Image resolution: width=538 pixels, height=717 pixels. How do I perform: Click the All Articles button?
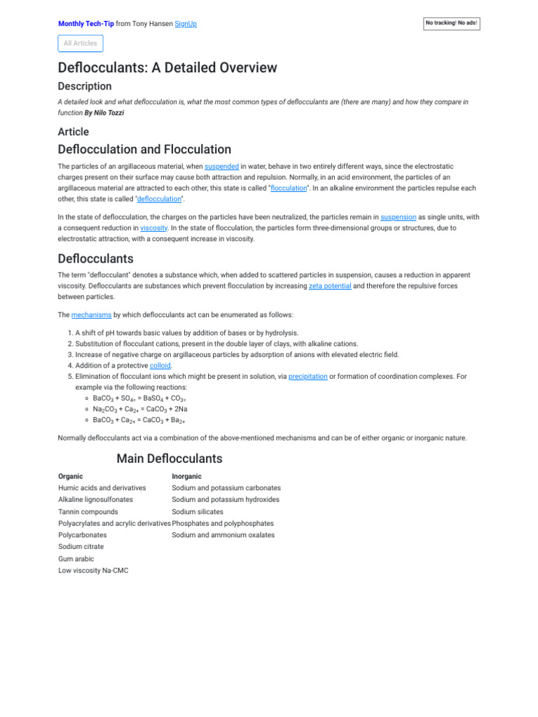click(x=81, y=43)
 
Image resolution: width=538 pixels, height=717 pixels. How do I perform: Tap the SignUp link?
click(x=186, y=24)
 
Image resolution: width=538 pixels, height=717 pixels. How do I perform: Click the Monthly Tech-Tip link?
click(x=85, y=24)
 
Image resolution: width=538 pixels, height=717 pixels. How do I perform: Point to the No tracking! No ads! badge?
click(x=452, y=24)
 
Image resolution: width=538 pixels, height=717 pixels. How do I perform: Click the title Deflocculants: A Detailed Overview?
click(x=167, y=68)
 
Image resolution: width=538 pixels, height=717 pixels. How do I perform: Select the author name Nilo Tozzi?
click(x=106, y=113)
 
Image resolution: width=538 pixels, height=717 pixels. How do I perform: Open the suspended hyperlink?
click(x=221, y=167)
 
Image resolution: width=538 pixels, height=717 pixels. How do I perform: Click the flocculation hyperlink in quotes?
click(x=289, y=188)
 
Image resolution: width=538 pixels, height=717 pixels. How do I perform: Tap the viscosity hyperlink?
click(x=154, y=228)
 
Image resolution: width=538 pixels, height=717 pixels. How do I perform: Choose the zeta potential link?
click(x=330, y=286)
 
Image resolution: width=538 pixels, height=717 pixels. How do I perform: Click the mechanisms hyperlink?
click(x=91, y=315)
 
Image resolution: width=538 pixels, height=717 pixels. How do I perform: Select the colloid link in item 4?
click(x=160, y=366)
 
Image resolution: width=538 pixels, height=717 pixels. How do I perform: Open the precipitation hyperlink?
click(x=308, y=376)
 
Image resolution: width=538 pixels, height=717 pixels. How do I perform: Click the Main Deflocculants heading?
click(x=170, y=459)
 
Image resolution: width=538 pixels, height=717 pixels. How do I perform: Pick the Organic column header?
click(x=71, y=476)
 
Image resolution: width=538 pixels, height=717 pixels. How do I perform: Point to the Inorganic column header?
click(x=187, y=476)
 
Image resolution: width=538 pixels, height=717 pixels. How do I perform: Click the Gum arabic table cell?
click(x=76, y=559)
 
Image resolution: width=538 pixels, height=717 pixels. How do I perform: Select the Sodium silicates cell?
click(x=198, y=512)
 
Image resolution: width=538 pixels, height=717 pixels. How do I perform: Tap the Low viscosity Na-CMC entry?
click(x=93, y=571)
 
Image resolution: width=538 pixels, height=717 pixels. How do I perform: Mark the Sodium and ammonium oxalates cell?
click(x=223, y=535)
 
